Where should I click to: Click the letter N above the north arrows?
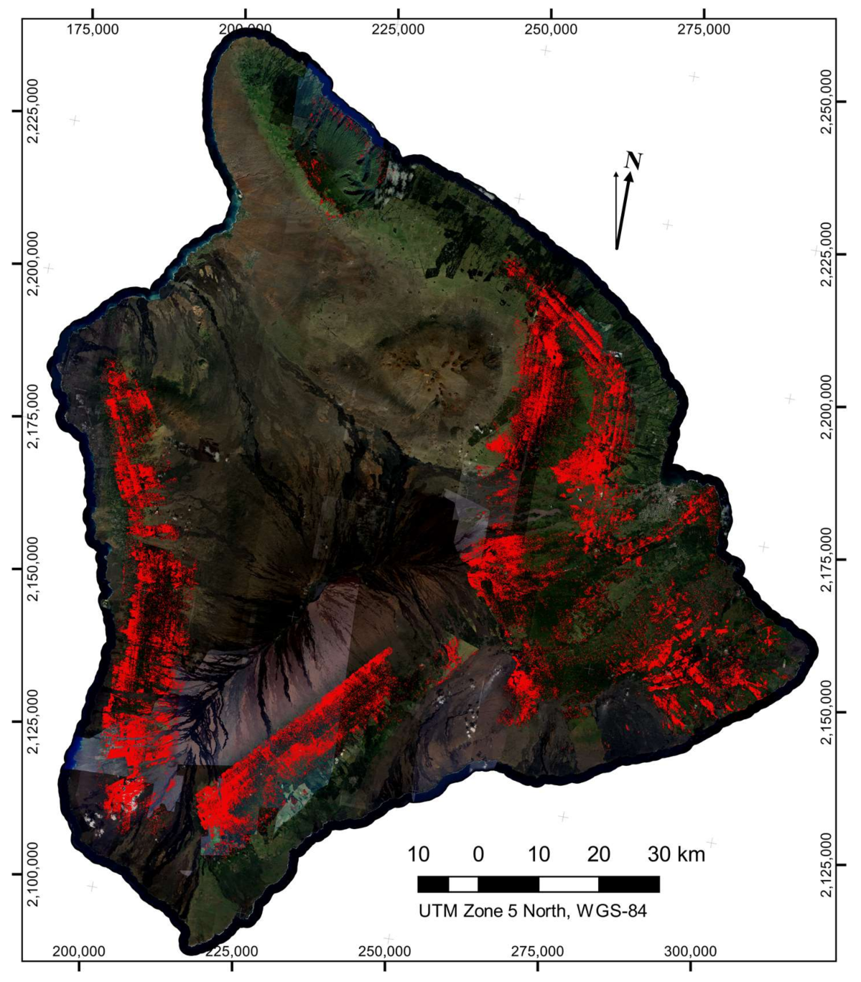tap(633, 160)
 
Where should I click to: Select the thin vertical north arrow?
tap(615, 208)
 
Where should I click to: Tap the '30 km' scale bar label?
tap(676, 854)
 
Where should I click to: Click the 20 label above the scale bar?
tap(599, 854)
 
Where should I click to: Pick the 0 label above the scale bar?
tap(478, 854)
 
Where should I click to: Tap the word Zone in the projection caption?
tap(478, 911)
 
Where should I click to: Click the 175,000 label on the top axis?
tap(93, 29)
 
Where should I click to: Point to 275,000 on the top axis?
tap(704, 29)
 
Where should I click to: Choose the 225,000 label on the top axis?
tap(398, 29)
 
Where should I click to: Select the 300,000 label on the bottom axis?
tap(690, 952)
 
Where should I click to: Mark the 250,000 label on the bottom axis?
tap(386, 952)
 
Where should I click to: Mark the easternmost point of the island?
tap(816, 650)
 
